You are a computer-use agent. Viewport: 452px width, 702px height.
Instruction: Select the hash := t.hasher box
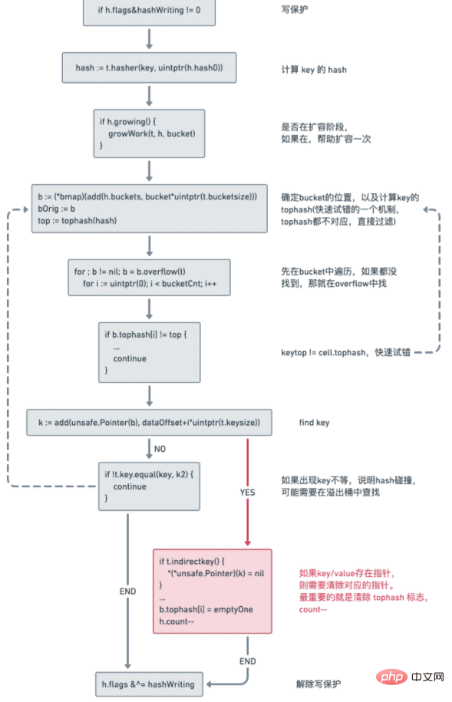pos(149,68)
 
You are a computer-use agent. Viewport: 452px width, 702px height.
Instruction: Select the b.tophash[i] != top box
pos(149,351)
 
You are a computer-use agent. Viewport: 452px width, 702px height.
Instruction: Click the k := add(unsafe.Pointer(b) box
pos(149,423)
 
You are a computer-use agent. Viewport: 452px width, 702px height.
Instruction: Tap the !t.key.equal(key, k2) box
pos(149,486)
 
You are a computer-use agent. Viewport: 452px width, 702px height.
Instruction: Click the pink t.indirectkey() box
pos(212,591)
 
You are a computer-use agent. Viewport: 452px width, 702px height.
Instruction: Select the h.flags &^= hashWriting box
pos(149,683)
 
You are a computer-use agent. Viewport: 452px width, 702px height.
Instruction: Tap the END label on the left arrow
pos(127,592)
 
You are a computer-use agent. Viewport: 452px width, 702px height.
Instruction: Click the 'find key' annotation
pos(315,423)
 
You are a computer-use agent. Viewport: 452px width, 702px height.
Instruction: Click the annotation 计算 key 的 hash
pos(313,69)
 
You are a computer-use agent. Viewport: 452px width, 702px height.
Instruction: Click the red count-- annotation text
pos(313,609)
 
